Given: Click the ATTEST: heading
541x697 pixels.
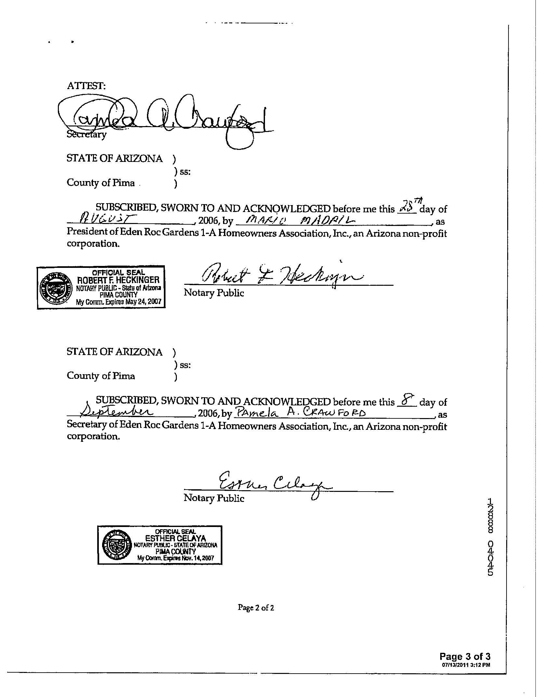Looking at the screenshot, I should tap(86, 86).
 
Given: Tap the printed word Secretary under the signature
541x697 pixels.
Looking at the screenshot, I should tap(86, 134).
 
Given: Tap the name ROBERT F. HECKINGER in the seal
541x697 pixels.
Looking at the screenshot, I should tap(118, 280).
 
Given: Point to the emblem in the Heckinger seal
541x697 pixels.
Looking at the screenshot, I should tap(55, 288).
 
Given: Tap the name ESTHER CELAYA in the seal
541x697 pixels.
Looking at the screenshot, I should tap(176, 538).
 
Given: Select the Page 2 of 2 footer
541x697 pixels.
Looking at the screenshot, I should tap(256, 608).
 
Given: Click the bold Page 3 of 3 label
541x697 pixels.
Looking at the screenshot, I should tap(465, 656).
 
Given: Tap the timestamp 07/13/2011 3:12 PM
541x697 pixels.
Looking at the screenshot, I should tap(466, 664).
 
